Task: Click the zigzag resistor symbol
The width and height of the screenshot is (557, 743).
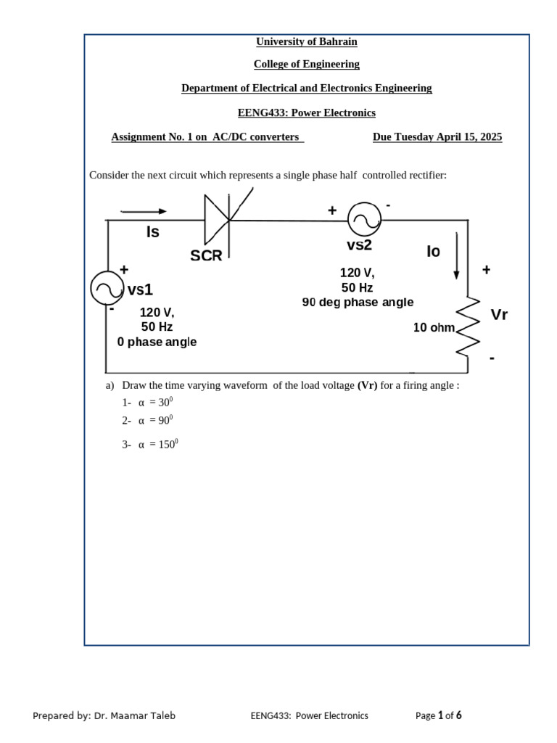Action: (x=468, y=327)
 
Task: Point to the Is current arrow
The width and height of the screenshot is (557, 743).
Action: (x=144, y=212)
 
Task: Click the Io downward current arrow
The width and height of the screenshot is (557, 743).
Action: (x=456, y=255)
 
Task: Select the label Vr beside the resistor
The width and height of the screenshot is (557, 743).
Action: (x=499, y=316)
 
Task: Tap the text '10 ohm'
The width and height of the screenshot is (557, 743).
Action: (x=434, y=328)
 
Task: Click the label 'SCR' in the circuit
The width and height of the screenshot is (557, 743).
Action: (x=206, y=255)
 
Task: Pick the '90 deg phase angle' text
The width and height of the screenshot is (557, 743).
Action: (x=358, y=303)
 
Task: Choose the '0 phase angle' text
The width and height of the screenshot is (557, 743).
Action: (x=157, y=342)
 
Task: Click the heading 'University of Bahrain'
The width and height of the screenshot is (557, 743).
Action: (x=306, y=41)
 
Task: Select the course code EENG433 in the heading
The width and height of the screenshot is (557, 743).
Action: (x=263, y=112)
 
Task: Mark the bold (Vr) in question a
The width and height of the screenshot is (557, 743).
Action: (x=368, y=385)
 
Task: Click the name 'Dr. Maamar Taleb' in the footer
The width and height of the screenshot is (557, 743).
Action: (x=134, y=715)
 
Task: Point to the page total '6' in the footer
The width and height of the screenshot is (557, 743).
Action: (x=458, y=715)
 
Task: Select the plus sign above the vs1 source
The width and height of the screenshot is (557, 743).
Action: (x=124, y=269)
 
